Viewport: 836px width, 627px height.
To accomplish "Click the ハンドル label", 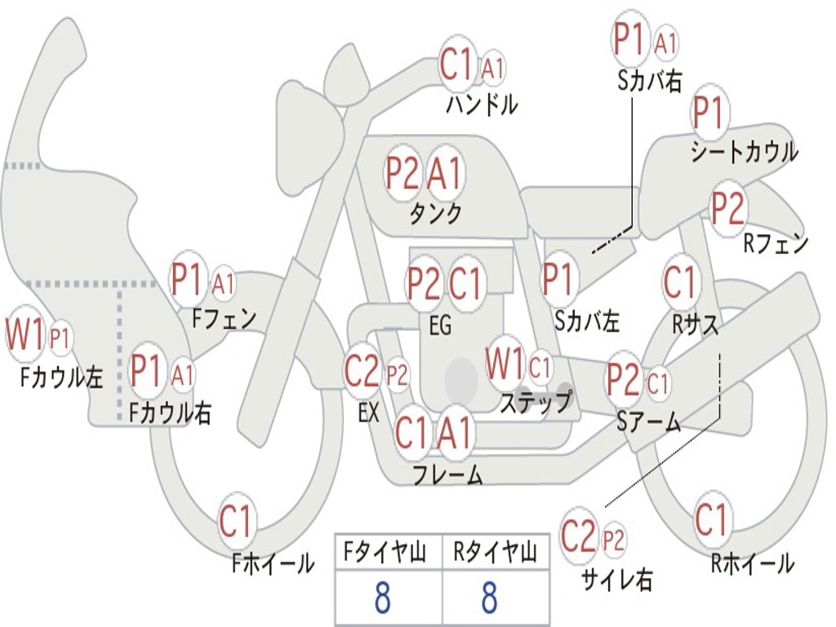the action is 482,104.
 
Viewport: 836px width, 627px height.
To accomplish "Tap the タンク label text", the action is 435,213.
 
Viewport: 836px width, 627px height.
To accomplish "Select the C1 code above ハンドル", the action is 457,65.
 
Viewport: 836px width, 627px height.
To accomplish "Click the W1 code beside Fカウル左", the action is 24,336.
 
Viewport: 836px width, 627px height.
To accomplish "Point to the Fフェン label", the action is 225,318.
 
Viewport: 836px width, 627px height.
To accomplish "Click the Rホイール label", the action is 752,563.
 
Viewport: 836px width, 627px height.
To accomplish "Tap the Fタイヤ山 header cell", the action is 388,554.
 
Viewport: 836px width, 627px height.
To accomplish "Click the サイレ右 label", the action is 616,580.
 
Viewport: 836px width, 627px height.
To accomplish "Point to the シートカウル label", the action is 744,152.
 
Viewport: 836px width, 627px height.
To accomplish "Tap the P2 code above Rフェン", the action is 727,208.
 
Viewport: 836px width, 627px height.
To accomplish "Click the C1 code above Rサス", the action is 681,283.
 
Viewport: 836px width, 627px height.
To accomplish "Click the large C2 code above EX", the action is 362,372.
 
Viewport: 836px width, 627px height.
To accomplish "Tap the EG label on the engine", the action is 439,325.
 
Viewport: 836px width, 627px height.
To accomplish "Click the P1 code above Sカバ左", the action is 560,280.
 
